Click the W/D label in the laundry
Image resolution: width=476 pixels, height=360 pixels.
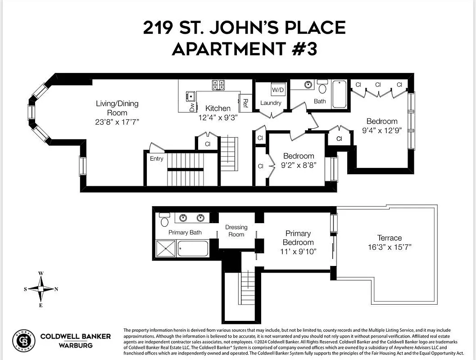278,90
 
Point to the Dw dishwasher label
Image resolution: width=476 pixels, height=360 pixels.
192,107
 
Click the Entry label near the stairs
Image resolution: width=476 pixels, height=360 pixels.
157,158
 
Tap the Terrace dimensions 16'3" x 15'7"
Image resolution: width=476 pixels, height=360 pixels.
390,247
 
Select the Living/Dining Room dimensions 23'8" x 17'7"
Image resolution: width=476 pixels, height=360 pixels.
117,122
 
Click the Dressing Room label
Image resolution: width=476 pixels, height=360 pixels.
236,231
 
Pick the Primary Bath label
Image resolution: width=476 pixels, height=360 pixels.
185,233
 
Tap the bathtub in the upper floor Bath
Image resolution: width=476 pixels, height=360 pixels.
339,94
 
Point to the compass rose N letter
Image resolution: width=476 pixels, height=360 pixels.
56,289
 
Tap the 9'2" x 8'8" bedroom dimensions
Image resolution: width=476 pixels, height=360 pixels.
299,165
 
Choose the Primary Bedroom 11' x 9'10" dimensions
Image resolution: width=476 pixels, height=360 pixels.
298,251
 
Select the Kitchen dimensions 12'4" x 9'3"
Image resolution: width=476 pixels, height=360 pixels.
218,117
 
